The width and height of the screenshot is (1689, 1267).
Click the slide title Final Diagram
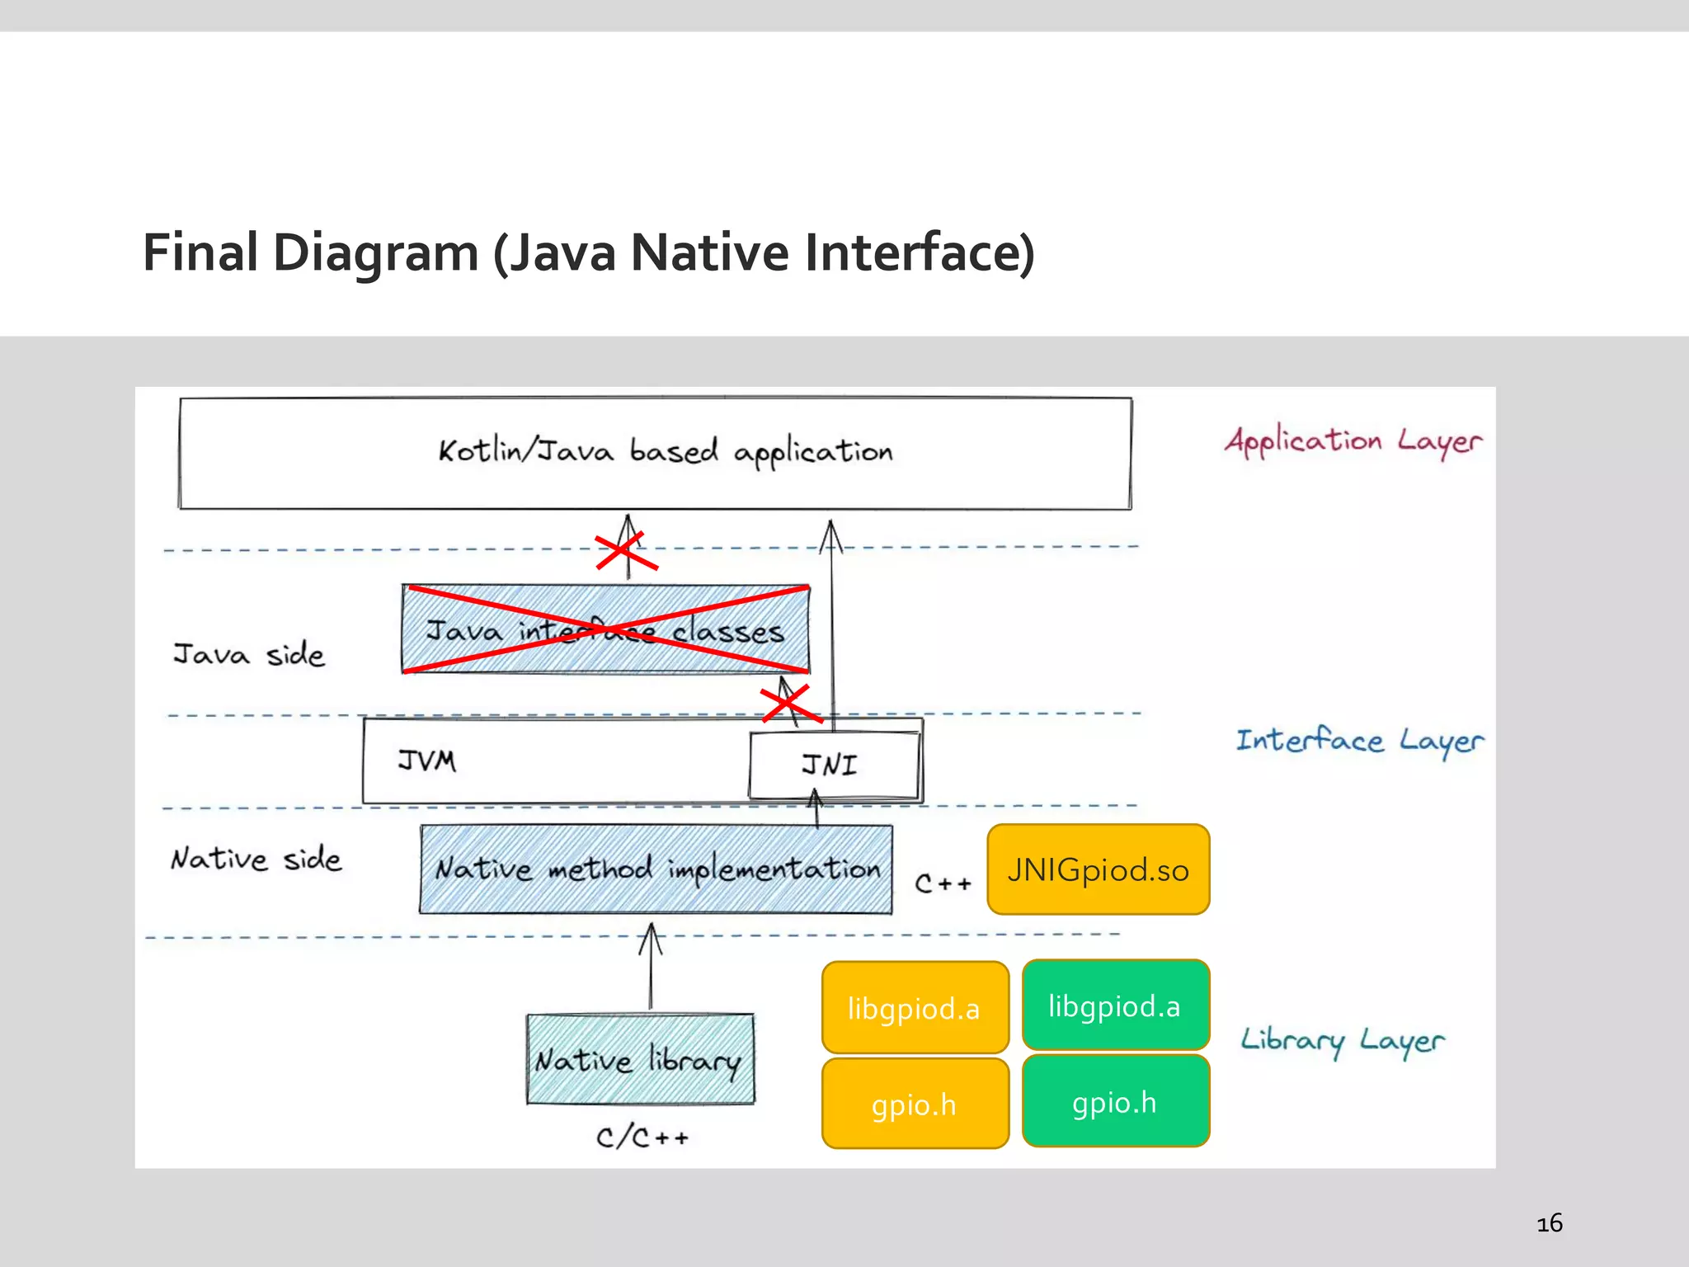[588, 252]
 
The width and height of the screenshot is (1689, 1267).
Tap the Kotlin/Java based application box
[656, 453]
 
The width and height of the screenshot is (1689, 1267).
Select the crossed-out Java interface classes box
[605, 630]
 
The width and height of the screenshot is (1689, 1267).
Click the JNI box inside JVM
[833, 765]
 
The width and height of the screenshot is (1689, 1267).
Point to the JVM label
[426, 761]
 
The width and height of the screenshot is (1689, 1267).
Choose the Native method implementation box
[656, 869]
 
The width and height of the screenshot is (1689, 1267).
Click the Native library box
[640, 1059]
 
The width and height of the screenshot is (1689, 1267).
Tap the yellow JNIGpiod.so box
[1098, 869]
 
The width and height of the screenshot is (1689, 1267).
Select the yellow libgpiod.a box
[915, 1008]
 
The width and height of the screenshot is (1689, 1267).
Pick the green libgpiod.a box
[1115, 1006]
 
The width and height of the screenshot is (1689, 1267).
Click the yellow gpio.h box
[915, 1105]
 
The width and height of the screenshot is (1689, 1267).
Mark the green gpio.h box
[1115, 1102]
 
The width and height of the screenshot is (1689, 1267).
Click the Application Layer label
[1353, 441]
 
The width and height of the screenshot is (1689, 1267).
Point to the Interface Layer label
[1359, 741]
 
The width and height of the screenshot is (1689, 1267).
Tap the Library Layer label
[1343, 1040]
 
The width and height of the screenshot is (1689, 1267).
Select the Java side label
[249, 654]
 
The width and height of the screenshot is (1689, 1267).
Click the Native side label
[256, 859]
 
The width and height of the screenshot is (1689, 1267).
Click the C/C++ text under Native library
[642, 1137]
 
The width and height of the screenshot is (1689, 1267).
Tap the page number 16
[1549, 1222]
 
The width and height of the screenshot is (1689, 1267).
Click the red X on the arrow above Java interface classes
[626, 551]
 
